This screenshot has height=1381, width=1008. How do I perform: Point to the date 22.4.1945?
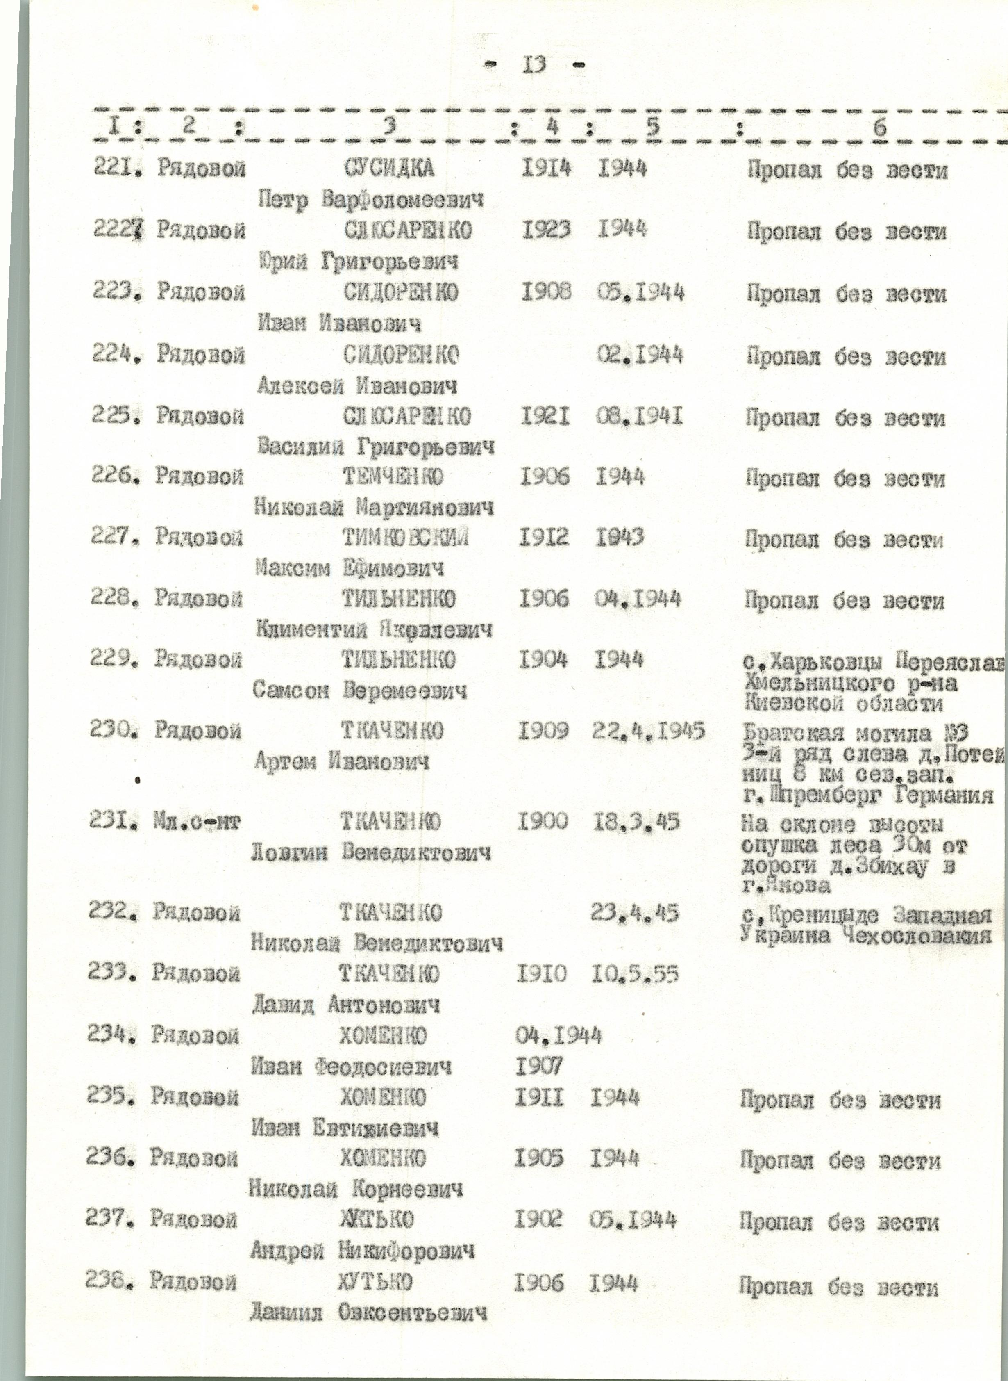coord(649,730)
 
